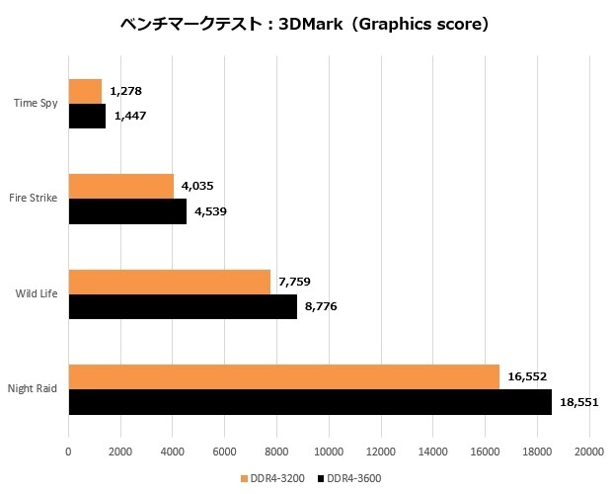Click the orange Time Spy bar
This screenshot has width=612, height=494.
pos(85,91)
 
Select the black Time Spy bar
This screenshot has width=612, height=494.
pos(87,117)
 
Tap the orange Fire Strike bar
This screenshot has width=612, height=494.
pos(120,186)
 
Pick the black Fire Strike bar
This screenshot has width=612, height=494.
pos(127,211)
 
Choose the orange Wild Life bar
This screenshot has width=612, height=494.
pos(169,282)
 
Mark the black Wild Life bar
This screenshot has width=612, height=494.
pos(183,307)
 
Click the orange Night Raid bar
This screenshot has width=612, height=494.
pos(283,376)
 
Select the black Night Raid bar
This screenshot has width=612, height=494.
pos(310,402)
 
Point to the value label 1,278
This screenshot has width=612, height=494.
pos(126,92)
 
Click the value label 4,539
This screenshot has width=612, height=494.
pos(211,211)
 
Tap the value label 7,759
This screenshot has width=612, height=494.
pos(295,282)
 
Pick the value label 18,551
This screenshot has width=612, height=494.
pos(578,403)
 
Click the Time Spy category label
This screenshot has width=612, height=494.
pos(37,102)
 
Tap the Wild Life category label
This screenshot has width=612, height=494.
pos(36,292)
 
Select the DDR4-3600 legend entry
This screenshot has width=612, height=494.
pos(349,478)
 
